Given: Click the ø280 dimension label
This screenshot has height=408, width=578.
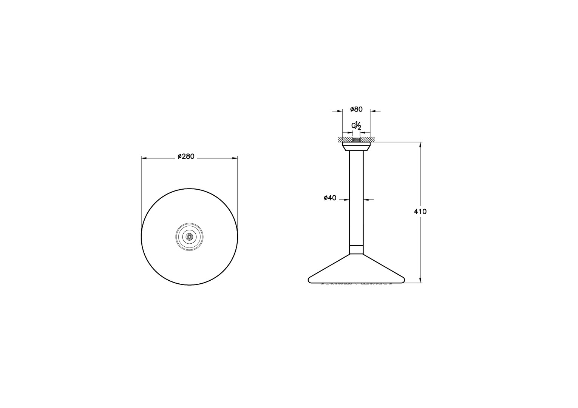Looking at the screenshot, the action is (186, 156).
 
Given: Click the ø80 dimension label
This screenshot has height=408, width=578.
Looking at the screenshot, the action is (356, 110).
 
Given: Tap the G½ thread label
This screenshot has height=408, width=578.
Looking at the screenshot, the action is (356, 125).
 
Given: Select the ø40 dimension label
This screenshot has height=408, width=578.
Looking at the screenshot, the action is (330, 198).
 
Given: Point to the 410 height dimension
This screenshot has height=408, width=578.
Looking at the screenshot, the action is (420, 212).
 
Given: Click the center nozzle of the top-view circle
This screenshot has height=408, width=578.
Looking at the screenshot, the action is (189, 236).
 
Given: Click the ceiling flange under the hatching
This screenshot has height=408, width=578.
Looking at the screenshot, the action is (356, 146).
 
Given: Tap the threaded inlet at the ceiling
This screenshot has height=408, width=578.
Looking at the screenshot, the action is (356, 140).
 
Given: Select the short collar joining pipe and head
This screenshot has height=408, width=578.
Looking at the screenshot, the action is (356, 249).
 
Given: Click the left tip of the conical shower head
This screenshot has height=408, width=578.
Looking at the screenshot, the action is (309, 280).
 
